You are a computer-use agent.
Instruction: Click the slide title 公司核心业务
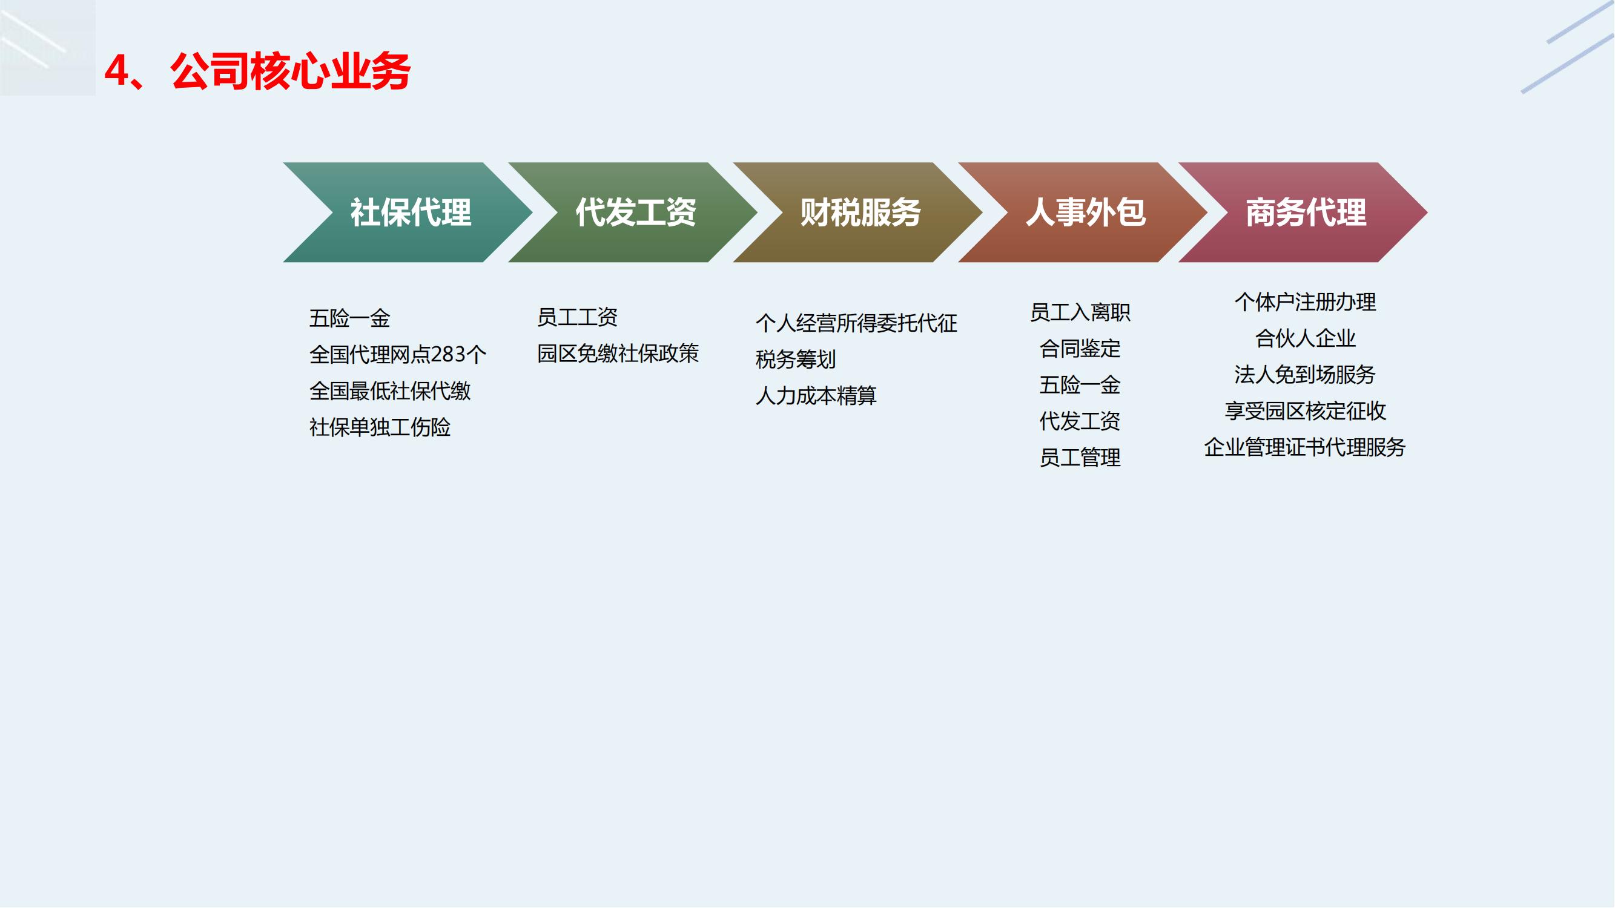[x=290, y=71]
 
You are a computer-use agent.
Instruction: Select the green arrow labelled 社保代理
[x=408, y=212]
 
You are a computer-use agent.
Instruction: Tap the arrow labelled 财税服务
[x=858, y=212]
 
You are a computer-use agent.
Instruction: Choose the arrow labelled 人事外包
[x=1083, y=212]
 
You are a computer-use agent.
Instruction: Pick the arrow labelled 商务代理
[x=1303, y=212]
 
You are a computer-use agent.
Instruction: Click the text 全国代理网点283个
[x=398, y=355]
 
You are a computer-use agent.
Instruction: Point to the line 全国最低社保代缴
[x=390, y=391]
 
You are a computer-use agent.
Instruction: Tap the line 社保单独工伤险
[x=380, y=427]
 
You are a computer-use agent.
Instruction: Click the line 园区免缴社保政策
[x=618, y=354]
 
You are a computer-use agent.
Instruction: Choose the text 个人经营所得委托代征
[x=856, y=323]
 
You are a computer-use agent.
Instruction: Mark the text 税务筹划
[x=796, y=360]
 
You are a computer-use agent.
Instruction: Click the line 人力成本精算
[x=816, y=396]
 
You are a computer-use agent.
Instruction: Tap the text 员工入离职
[x=1080, y=312]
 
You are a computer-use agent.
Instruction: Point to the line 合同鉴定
[x=1080, y=349]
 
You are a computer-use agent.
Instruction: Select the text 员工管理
[x=1080, y=458]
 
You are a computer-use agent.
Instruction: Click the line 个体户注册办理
[x=1306, y=302]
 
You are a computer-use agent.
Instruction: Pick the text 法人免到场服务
[x=1306, y=375]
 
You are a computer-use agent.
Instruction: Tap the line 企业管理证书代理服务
[x=1306, y=447]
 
